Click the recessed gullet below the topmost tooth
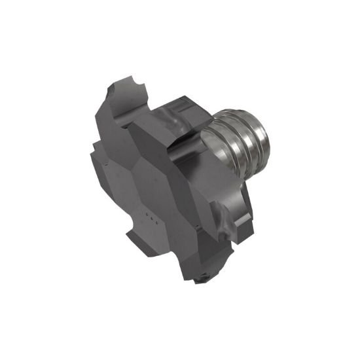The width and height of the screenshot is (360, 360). (124, 124)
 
